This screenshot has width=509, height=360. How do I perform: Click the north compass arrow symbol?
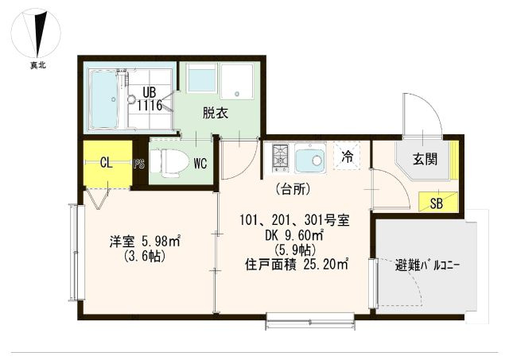tap(39, 33)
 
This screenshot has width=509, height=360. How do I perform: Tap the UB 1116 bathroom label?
tap(149, 99)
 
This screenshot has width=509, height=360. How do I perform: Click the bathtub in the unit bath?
tap(103, 99)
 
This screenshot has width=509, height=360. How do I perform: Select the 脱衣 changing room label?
tap(216, 113)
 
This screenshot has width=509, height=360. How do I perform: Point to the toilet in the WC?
tap(170, 163)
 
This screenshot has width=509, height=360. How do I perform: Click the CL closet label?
tap(106, 163)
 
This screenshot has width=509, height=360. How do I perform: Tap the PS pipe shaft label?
tap(139, 165)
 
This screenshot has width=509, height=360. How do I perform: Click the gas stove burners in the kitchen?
tap(281, 157)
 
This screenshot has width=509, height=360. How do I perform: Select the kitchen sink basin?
tap(310, 158)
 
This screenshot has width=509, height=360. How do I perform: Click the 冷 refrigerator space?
tap(347, 157)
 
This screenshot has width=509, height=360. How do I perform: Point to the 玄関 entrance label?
tap(425, 159)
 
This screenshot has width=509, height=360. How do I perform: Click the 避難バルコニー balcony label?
tap(428, 266)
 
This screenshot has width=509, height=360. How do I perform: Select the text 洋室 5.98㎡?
tap(145, 242)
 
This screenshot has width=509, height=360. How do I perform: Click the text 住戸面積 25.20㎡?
tap(297, 265)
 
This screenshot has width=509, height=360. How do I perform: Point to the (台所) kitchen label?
tap(292, 189)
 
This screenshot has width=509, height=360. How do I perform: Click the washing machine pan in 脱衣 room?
tap(237, 80)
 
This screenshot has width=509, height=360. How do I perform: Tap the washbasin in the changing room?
tap(202, 78)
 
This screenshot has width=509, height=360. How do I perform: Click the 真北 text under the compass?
tap(38, 65)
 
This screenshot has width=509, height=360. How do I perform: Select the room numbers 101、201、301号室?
tap(294, 221)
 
